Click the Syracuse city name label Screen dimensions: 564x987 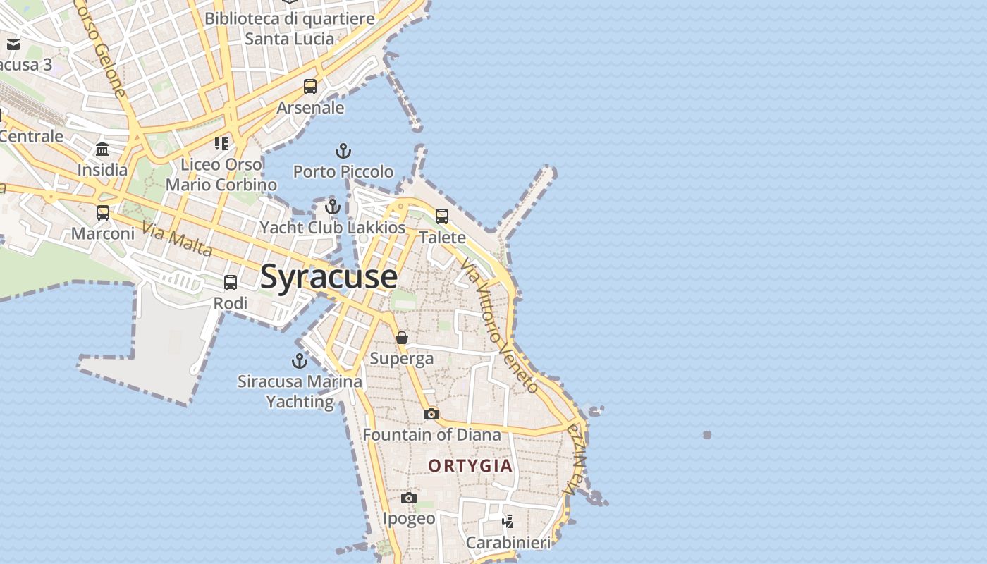[x=329, y=276]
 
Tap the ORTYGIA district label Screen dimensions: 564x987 [x=470, y=466]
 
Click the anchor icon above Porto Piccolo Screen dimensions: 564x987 [x=343, y=151]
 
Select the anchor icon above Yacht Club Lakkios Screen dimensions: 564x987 [x=333, y=207]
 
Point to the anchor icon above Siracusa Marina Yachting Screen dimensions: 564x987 [x=300, y=361]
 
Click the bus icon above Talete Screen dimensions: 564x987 [x=442, y=216]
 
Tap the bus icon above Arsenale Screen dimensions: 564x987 [x=310, y=87]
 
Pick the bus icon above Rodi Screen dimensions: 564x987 [x=231, y=283]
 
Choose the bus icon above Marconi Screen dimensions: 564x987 [x=103, y=212]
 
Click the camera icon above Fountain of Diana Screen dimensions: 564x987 [x=431, y=414]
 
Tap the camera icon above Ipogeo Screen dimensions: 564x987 [x=408, y=498]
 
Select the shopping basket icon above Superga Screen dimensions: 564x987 [x=402, y=338]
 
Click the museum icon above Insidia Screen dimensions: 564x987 [x=102, y=149]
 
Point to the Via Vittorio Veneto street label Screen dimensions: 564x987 [x=500, y=325]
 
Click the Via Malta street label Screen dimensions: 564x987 [x=177, y=240]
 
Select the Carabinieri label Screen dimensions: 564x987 [x=508, y=543]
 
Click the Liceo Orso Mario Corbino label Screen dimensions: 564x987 [x=221, y=174]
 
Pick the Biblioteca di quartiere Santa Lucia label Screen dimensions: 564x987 [x=290, y=28]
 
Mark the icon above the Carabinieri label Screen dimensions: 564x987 [x=508, y=522]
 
